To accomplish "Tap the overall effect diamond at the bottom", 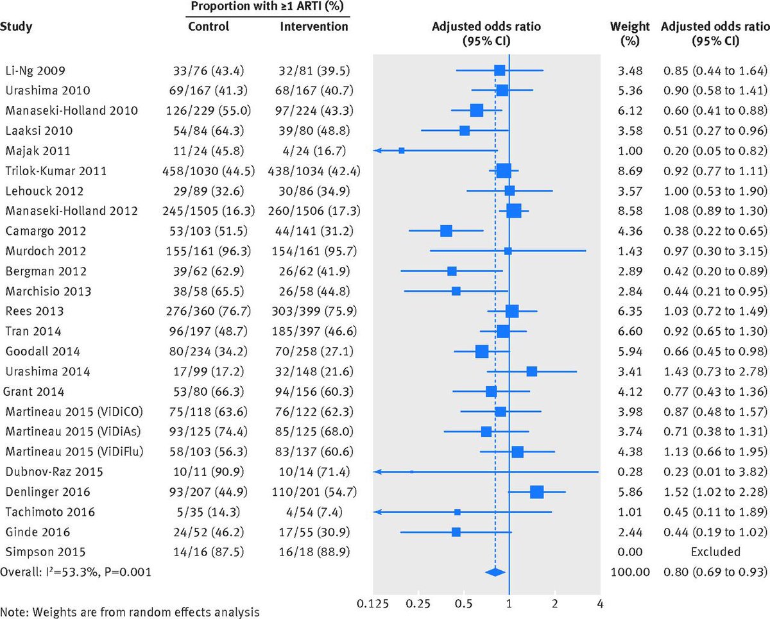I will [495, 572].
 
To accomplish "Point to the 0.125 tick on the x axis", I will [373, 604].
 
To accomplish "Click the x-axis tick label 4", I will [599, 604].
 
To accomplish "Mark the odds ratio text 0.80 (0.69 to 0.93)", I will [714, 572].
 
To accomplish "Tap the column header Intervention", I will [314, 27].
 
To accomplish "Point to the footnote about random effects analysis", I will [130, 611].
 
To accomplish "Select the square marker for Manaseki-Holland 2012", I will [513, 211].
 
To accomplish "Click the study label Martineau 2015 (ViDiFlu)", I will [74, 452].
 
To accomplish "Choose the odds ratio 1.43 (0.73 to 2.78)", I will [714, 371].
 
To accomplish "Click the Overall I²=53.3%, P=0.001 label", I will [76, 572].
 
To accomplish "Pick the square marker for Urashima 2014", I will [531, 371].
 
